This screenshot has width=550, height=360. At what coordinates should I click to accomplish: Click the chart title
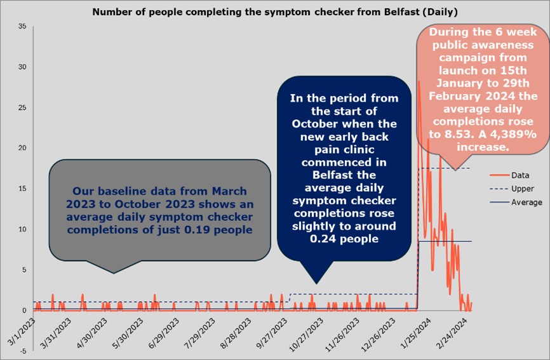tap(275, 11)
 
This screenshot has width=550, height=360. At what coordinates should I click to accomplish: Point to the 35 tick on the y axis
tap(22, 26)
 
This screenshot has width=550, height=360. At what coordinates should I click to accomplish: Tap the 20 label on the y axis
tap(22, 148)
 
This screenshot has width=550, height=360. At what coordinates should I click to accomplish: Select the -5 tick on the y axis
tap(22, 351)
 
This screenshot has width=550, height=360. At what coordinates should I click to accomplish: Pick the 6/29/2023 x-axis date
tap(164, 334)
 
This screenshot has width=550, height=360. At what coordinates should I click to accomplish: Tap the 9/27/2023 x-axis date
tap(274, 334)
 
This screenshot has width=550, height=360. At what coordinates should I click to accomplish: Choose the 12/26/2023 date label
tap(381, 334)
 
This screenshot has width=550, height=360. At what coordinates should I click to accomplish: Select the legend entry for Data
tap(519, 175)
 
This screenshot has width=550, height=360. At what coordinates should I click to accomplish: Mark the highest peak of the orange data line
tap(419, 82)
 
